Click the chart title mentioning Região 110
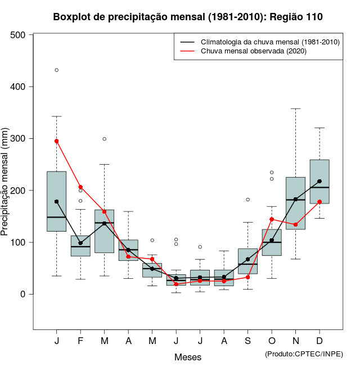[188, 17]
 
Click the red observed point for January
[57, 141]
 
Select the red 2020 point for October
[272, 219]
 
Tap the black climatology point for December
[319, 181]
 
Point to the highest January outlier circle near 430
[57, 70]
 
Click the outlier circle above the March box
[105, 139]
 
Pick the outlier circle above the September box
[247, 200]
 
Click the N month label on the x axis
[295, 341]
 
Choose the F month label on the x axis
[80, 341]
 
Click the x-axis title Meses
[188, 357]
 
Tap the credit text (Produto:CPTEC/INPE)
[304, 354]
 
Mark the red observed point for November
[295, 224]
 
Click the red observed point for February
[80, 187]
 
